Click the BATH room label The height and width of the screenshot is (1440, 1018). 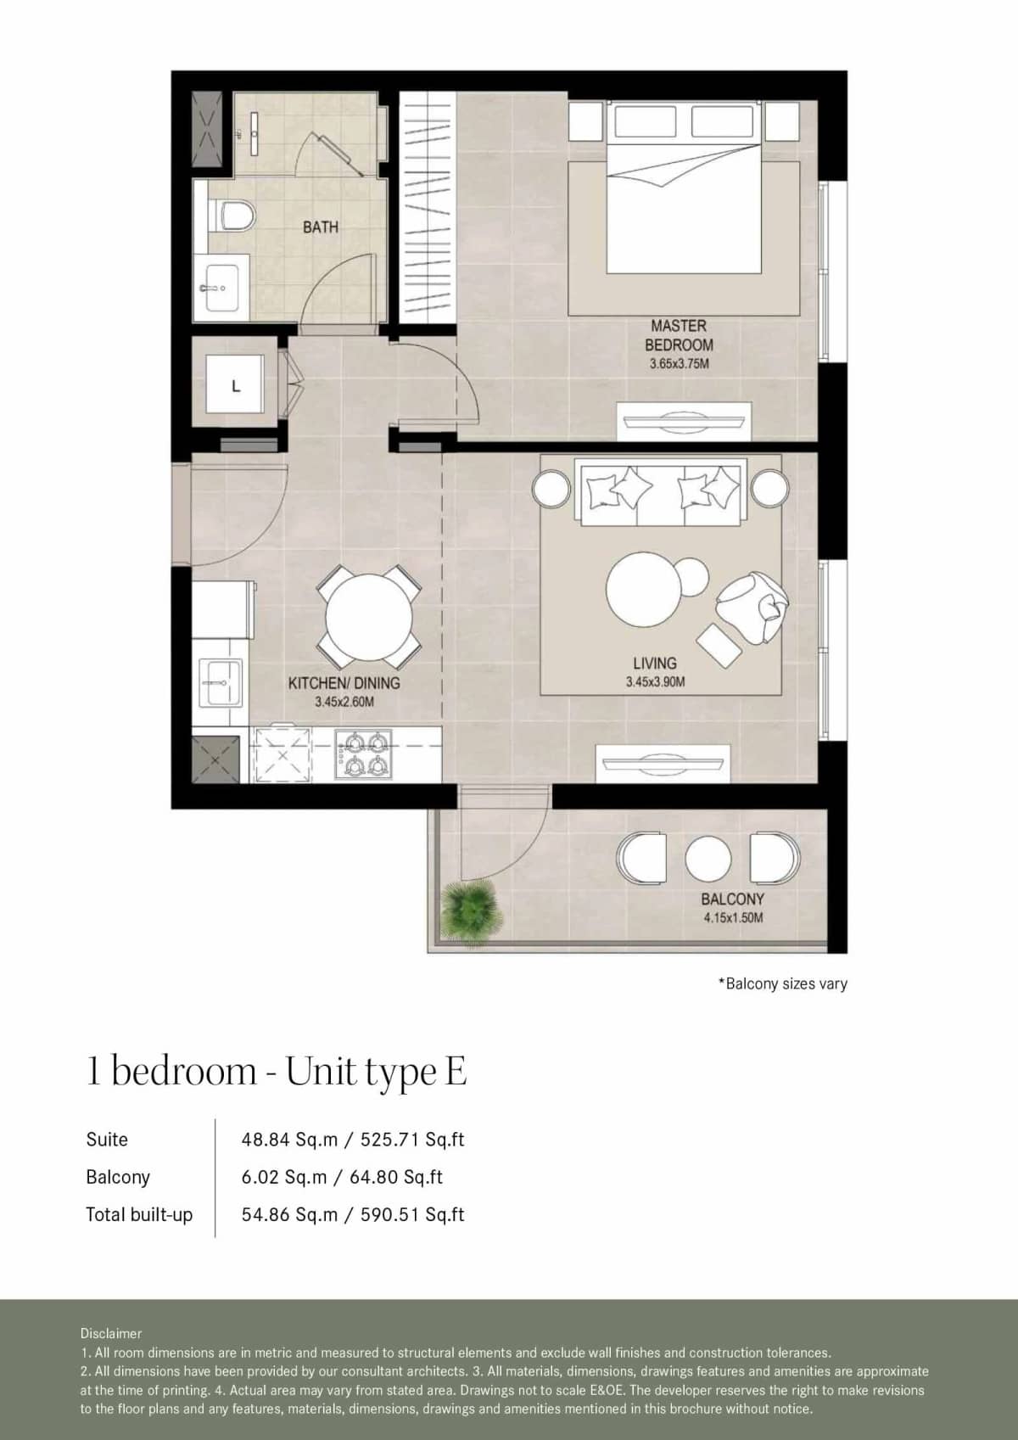click(320, 227)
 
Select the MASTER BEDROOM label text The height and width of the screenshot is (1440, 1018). click(679, 335)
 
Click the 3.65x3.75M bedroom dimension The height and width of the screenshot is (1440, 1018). click(679, 364)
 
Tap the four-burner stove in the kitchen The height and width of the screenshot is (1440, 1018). click(362, 754)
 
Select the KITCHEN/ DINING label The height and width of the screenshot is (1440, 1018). click(344, 683)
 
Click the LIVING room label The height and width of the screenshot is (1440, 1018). click(654, 663)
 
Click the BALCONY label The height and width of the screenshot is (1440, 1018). click(732, 899)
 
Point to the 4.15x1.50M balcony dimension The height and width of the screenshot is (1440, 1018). click(733, 918)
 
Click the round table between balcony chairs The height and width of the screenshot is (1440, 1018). click(708, 858)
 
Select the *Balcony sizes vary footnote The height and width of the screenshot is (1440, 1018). click(782, 983)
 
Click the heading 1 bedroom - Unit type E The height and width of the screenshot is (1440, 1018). click(277, 1072)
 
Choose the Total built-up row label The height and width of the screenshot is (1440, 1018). click(139, 1214)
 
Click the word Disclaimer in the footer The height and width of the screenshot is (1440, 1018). click(111, 1333)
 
